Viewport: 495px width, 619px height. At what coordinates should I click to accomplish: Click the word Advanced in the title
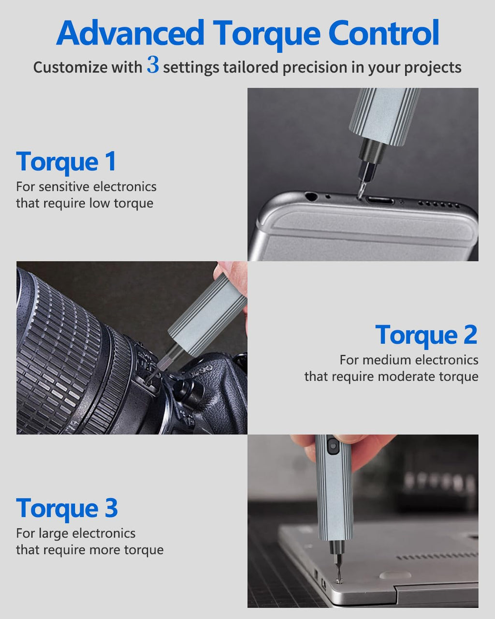click(x=130, y=33)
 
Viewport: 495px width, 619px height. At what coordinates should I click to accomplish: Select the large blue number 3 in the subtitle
click(x=153, y=65)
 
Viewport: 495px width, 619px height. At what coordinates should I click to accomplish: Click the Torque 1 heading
click(x=66, y=162)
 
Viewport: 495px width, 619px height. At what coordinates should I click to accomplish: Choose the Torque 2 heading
click(x=426, y=335)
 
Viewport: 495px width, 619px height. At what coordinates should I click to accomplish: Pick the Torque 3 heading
click(x=67, y=508)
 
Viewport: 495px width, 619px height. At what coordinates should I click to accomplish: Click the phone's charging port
click(x=379, y=200)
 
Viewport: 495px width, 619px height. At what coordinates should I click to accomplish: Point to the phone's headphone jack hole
click(x=311, y=197)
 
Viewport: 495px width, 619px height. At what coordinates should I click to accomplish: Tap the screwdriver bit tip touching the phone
click(x=360, y=192)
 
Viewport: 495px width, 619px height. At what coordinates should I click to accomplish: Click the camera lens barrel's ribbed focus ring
click(x=58, y=353)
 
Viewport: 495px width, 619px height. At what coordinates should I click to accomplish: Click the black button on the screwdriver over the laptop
click(x=332, y=445)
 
